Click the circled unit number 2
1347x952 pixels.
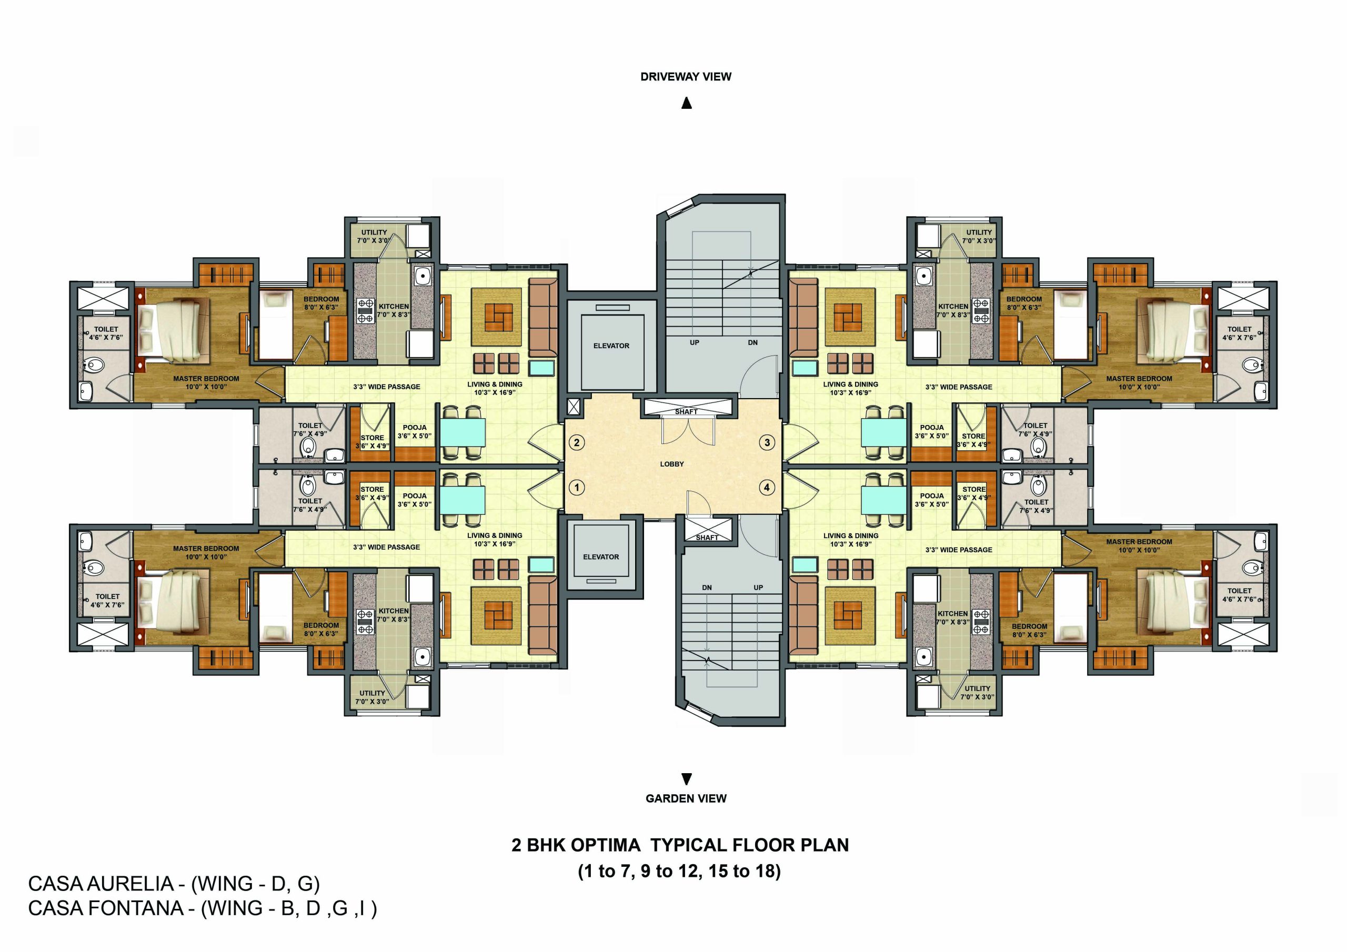577,442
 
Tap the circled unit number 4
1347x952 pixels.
767,487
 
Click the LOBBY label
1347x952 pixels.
672,464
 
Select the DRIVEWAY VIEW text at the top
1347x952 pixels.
685,77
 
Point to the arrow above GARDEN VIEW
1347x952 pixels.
686,779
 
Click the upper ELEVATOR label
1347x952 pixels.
611,346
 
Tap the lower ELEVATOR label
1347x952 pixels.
601,556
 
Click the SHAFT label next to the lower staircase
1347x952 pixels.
707,538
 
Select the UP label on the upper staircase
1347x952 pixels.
694,342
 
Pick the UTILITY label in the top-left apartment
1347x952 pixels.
374,232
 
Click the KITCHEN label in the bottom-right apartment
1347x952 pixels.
952,614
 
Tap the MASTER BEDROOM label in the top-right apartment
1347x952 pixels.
1139,379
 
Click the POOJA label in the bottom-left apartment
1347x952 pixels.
414,495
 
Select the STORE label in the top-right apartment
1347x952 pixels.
973,436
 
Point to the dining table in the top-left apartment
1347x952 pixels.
463,433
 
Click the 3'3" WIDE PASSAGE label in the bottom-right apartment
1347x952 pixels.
959,550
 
